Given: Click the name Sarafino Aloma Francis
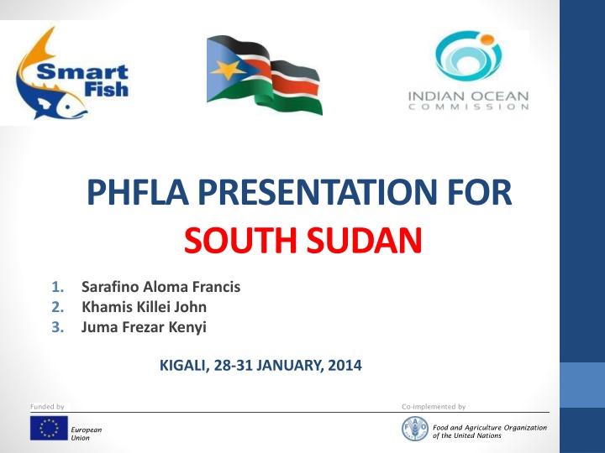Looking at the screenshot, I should tap(160, 287).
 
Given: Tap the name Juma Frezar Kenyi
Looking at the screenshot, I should tap(145, 327).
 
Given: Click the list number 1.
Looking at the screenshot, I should tap(56, 287).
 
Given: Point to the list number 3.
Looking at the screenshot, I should tap(56, 327).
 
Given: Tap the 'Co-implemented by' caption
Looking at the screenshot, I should tap(434, 407).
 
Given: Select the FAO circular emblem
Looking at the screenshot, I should tap(414, 428).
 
